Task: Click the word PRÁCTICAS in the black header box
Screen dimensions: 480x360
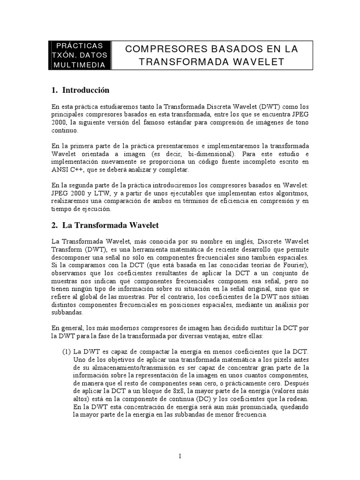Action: (x=80, y=46)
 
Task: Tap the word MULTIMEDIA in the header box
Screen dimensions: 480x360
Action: (x=80, y=65)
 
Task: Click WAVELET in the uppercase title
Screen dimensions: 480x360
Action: (x=255, y=61)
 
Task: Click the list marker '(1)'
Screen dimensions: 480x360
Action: (x=67, y=352)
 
